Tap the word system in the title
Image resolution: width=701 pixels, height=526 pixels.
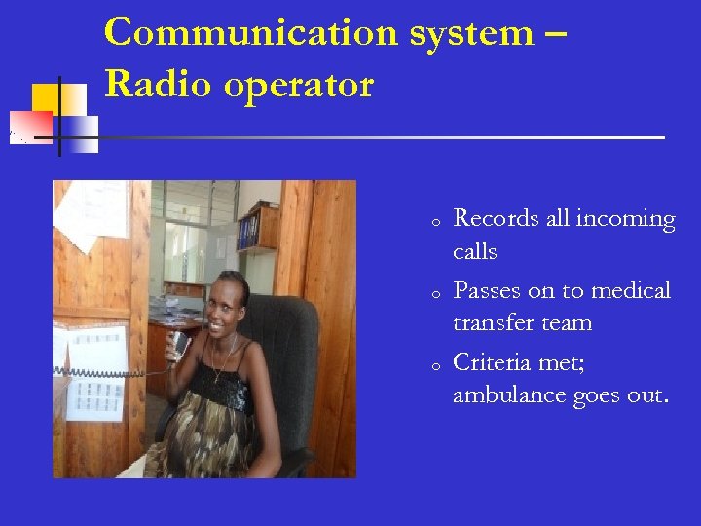[x=471, y=32]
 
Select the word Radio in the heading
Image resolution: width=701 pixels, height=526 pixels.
[x=157, y=85]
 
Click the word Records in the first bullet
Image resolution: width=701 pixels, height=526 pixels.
[x=497, y=219]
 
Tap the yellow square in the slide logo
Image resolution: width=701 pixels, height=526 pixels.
[x=45, y=97]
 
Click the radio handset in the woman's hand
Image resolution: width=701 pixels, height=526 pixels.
[x=179, y=343]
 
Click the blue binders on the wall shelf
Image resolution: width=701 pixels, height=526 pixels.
[x=249, y=230]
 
